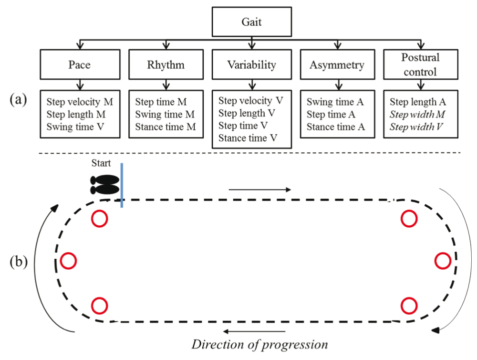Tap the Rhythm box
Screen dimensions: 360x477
tap(166, 65)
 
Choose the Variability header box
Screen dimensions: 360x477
tap(251, 65)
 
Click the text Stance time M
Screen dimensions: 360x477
tap(166, 127)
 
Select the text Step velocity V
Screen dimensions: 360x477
tap(250, 101)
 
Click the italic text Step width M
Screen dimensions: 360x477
tap(417, 114)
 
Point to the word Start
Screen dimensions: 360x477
tap(101, 163)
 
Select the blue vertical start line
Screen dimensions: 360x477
tap(122, 185)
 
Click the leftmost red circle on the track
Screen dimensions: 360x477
tap(68, 261)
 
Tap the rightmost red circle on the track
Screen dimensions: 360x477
tap(443, 261)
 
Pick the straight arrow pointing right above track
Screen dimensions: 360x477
tap(259, 190)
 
